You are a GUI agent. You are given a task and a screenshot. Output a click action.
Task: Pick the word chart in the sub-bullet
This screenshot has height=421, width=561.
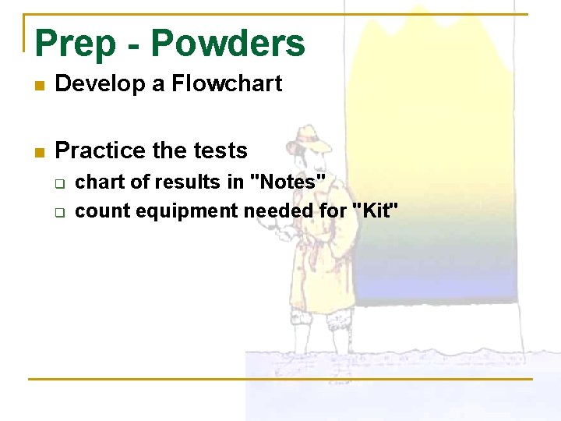tap(98, 182)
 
